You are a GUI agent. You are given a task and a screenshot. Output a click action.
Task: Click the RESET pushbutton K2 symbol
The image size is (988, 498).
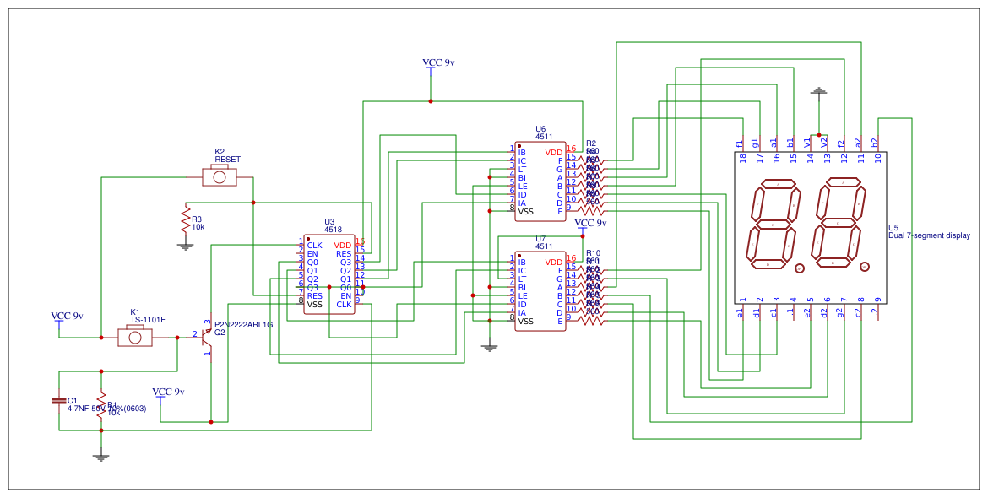[x=220, y=177]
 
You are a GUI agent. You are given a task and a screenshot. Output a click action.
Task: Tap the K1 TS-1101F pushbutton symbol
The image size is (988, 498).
[x=135, y=338]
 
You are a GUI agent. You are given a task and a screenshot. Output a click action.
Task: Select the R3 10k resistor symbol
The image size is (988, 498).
[x=186, y=219]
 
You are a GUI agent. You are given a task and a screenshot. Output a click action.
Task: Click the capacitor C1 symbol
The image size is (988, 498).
[x=59, y=400]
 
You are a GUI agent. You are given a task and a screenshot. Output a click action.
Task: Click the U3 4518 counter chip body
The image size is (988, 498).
[x=329, y=274]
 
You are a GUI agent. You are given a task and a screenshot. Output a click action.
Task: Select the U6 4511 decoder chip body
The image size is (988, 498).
[x=540, y=181]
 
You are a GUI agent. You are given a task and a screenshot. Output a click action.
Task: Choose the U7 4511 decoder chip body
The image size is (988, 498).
[x=540, y=291]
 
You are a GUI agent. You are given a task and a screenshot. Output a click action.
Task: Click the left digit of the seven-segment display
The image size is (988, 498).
[x=771, y=224]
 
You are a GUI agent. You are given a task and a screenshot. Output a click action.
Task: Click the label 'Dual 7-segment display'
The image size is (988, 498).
[x=929, y=236]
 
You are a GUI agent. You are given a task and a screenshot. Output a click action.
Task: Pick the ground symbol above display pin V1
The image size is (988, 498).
[x=818, y=90]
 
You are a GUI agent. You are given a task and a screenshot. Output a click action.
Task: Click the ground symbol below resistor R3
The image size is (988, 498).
[x=186, y=246]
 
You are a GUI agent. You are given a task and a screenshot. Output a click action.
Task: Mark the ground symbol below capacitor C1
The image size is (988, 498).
[x=101, y=457]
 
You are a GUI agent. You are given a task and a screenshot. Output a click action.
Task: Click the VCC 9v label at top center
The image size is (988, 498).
[x=438, y=62]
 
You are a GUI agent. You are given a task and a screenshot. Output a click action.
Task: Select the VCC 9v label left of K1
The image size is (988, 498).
[x=67, y=316]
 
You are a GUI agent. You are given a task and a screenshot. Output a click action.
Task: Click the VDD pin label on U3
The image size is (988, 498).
[x=342, y=245]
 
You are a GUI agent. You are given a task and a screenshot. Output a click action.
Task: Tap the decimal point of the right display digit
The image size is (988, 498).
[x=864, y=268]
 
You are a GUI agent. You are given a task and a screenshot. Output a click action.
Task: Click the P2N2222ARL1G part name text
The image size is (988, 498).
[x=243, y=324]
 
